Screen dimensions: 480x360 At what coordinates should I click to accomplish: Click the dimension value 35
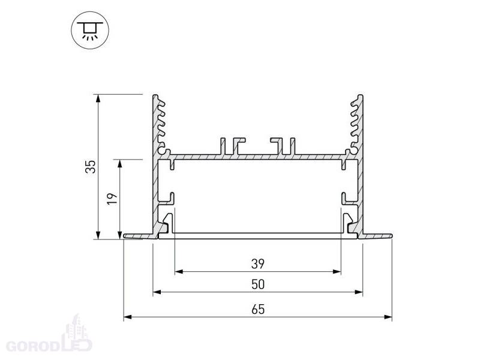click(91, 167)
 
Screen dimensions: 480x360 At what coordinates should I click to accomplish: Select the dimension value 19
click(112, 199)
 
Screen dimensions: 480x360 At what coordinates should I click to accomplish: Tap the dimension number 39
click(258, 263)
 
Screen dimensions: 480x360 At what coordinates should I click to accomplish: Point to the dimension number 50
click(258, 284)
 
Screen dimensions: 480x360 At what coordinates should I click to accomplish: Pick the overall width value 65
click(258, 310)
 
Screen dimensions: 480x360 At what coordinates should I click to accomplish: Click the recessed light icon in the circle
click(90, 31)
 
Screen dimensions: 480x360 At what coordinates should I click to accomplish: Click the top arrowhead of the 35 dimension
click(98, 98)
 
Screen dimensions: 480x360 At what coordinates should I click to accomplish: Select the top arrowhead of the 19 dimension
click(119, 163)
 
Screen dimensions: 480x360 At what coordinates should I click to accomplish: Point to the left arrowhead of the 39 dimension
click(179, 272)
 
